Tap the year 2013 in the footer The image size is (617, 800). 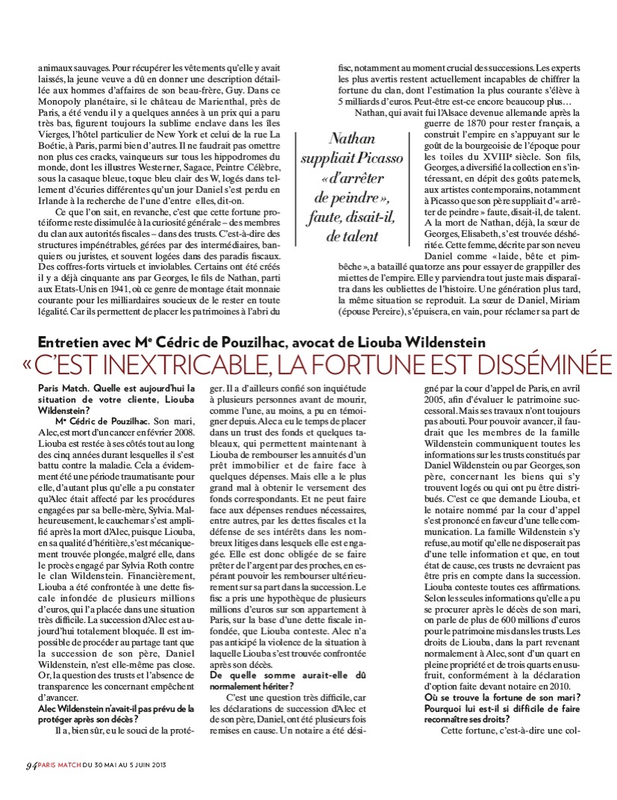(x=154, y=764)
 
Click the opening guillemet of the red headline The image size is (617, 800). (x=28, y=366)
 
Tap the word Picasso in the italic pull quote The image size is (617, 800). (x=381, y=158)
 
